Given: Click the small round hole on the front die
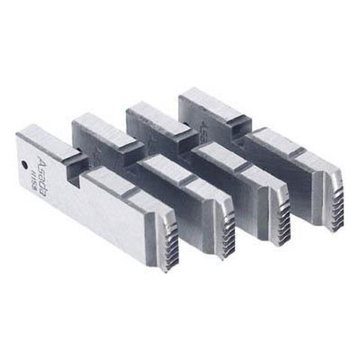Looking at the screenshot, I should [25, 162].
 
